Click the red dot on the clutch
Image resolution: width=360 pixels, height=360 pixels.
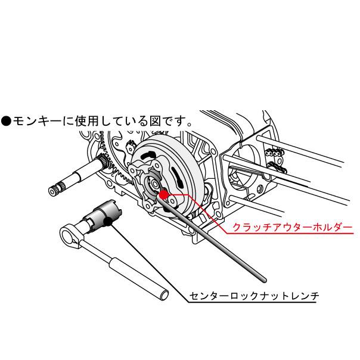[x=163, y=194]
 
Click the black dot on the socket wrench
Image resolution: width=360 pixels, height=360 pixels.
[x=108, y=222]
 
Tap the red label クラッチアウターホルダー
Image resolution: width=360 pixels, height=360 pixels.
[x=292, y=227]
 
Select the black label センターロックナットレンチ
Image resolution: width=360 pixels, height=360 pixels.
[x=254, y=296]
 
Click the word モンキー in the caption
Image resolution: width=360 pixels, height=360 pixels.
[x=37, y=121]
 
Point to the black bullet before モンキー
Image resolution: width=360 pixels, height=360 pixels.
[x=6, y=121]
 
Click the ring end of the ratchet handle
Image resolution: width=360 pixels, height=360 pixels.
[x=69, y=236]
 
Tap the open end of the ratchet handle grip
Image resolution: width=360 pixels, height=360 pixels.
[x=164, y=294]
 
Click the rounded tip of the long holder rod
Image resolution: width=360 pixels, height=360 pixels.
[x=264, y=280]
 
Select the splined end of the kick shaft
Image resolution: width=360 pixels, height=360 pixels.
[x=55, y=189]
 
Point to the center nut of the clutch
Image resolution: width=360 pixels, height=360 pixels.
[x=153, y=184]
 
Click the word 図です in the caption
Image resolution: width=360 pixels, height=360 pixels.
[x=168, y=121]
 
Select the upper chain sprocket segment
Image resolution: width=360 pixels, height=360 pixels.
[x=275, y=153]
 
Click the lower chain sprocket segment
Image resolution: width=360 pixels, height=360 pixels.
[x=277, y=167]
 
